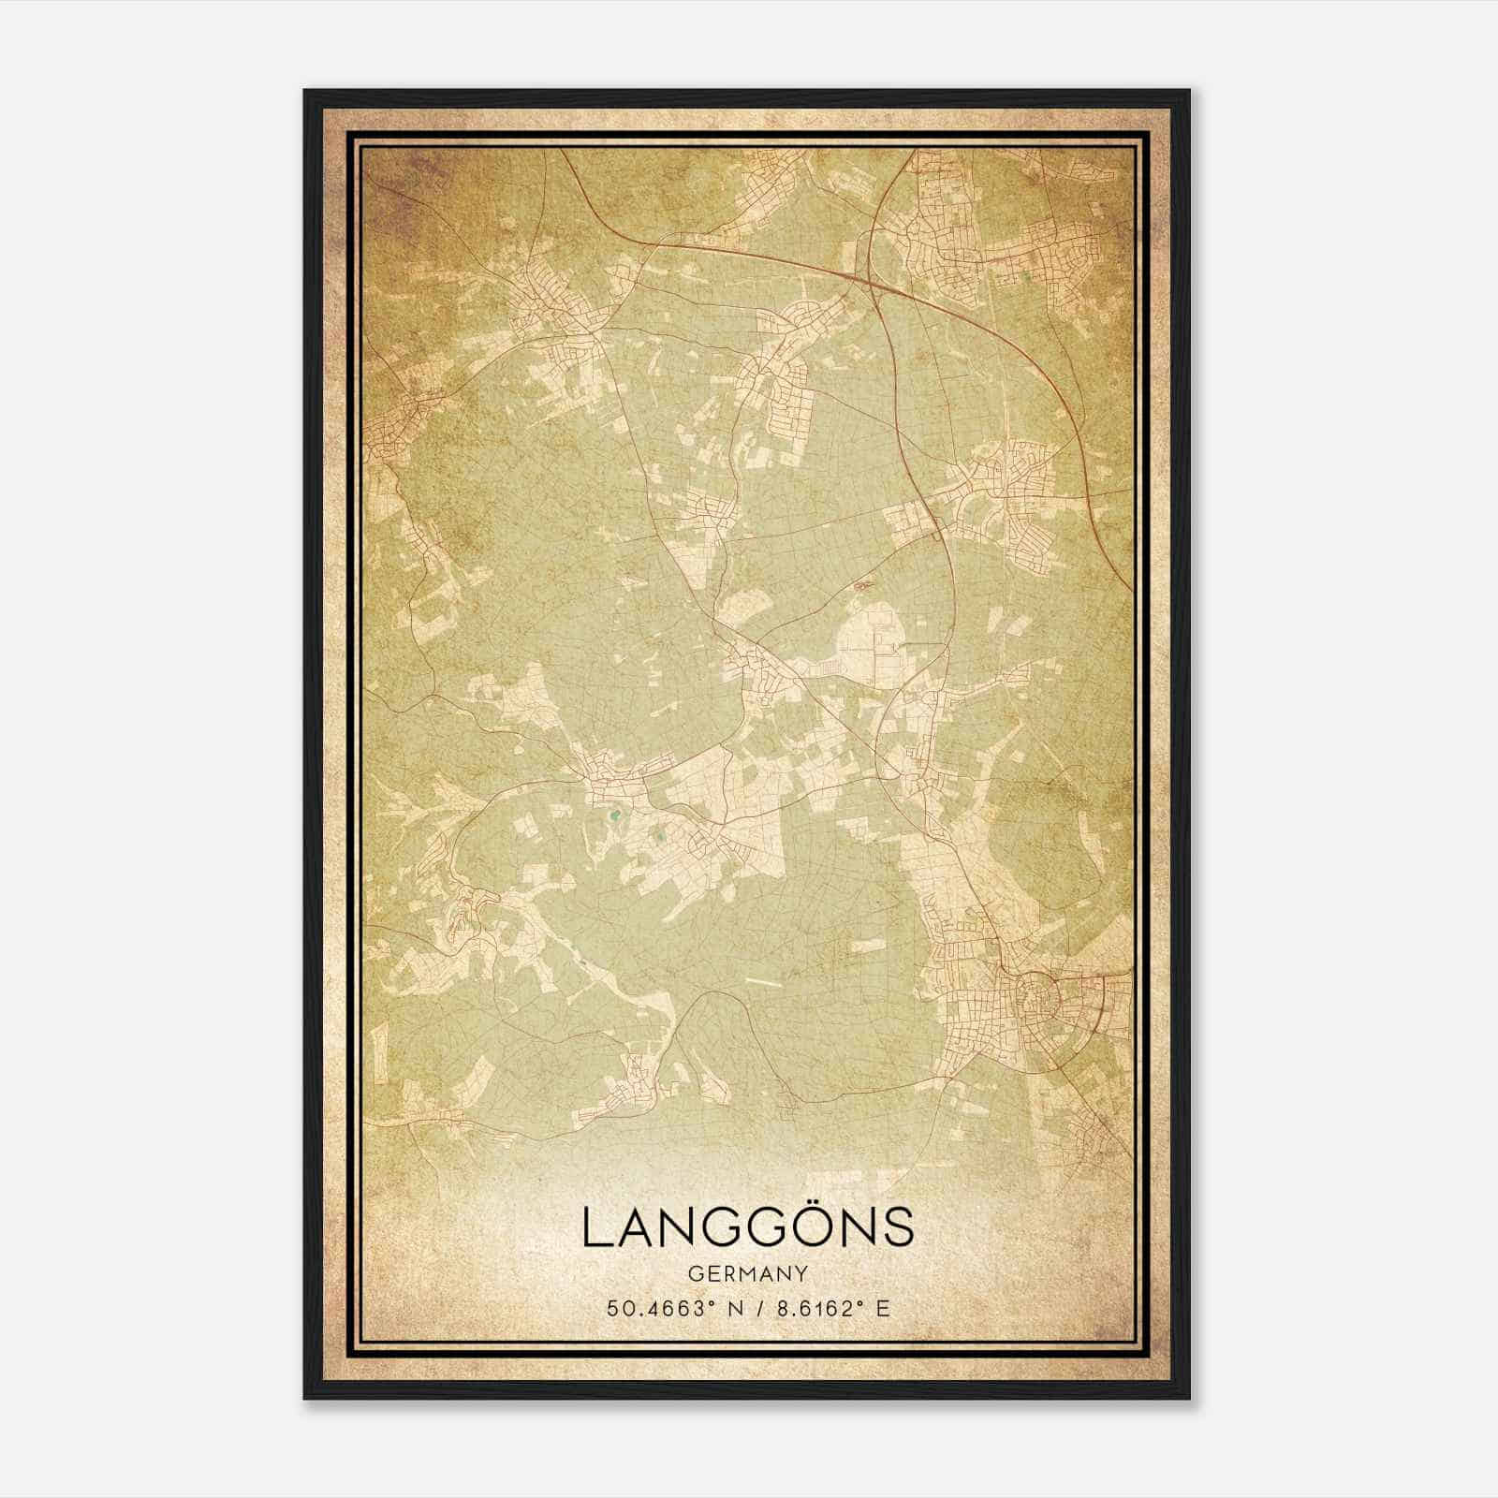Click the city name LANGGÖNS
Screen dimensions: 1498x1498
click(x=747, y=1227)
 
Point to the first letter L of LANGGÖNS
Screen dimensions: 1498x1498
click(x=595, y=1228)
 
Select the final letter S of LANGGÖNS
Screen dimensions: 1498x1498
click(x=897, y=1228)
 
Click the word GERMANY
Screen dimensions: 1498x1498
click(x=747, y=1274)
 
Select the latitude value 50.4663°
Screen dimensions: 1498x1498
click(x=654, y=1309)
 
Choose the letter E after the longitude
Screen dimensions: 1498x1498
click(x=882, y=1309)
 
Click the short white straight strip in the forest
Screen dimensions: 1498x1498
click(x=765, y=982)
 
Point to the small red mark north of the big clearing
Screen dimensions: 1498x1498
click(x=861, y=586)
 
